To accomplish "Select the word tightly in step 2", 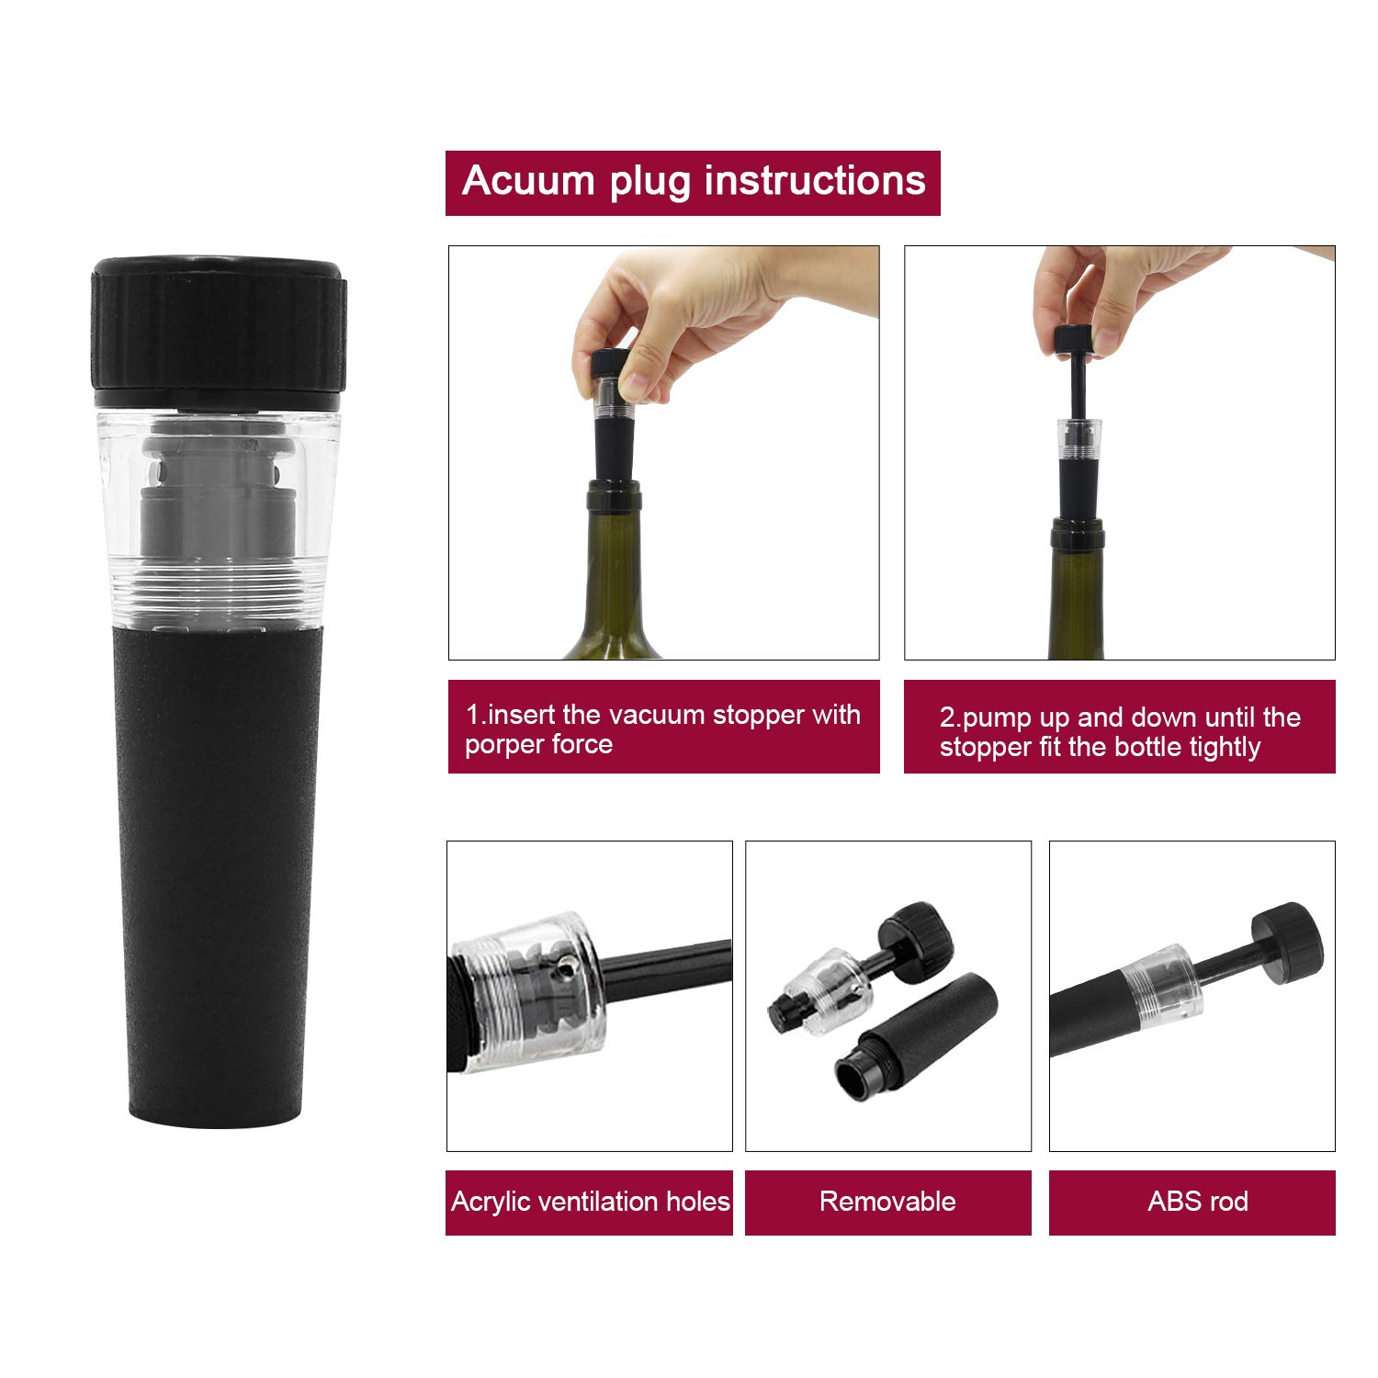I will (x=1225, y=748).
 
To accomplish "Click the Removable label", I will (x=887, y=1202).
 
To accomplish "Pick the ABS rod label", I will (x=1197, y=1202).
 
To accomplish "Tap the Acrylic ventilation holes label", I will (x=590, y=1202).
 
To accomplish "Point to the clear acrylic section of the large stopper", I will (x=219, y=514).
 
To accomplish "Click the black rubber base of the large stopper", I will (x=219, y=873).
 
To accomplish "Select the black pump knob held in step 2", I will (x=1072, y=339).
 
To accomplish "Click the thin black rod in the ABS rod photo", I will (x=1226, y=966).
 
